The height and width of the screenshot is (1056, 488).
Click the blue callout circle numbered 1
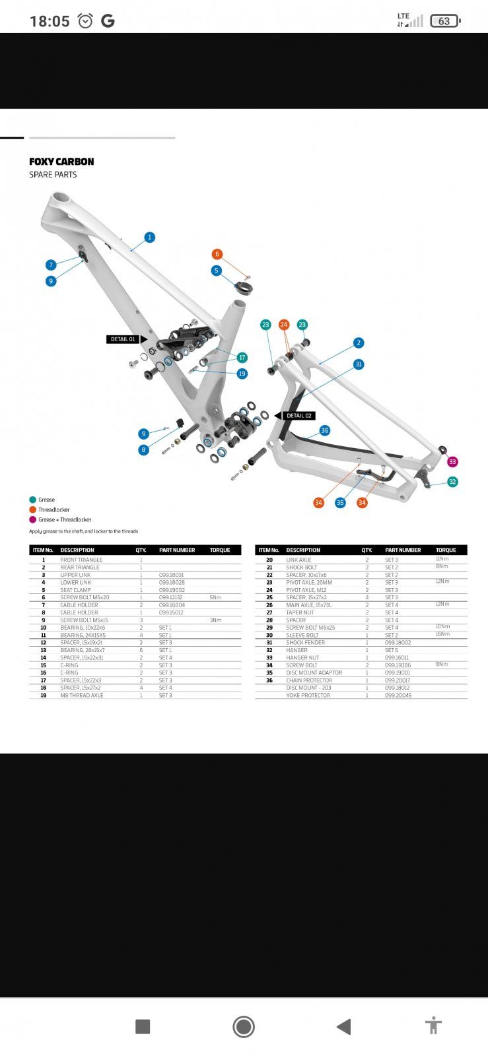(150, 237)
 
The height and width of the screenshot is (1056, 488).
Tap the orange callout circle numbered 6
(217, 254)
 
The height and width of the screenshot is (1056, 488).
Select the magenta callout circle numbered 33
(452, 462)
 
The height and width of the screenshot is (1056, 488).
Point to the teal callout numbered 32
(452, 482)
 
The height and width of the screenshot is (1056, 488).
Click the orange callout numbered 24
(284, 325)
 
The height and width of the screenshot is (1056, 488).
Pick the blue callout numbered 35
(340, 503)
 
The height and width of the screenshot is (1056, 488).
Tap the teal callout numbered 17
(242, 358)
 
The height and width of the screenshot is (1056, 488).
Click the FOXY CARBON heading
(61, 162)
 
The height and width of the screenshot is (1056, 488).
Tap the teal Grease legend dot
(32, 500)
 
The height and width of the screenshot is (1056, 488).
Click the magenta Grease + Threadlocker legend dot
(32, 519)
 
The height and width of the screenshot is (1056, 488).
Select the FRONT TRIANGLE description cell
(81, 560)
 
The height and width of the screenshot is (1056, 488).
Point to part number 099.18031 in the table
(172, 575)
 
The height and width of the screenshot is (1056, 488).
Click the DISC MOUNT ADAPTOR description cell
(314, 673)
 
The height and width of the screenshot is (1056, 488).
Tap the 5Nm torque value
(215, 597)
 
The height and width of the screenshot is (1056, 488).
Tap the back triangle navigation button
(343, 1026)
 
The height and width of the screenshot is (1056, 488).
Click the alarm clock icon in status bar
(86, 21)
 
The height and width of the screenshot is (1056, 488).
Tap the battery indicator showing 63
(445, 21)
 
